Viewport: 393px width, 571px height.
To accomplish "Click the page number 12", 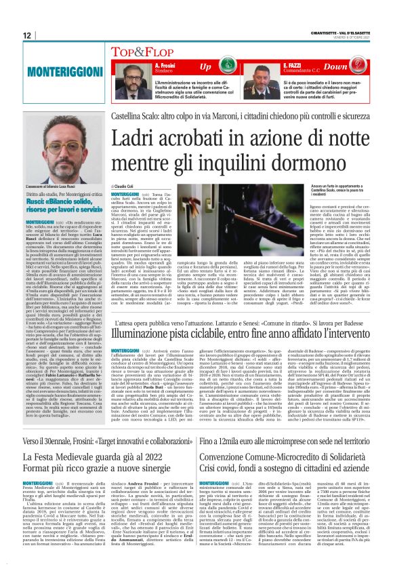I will click(x=26, y=35).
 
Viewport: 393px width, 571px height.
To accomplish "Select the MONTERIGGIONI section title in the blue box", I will click(x=60, y=71).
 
